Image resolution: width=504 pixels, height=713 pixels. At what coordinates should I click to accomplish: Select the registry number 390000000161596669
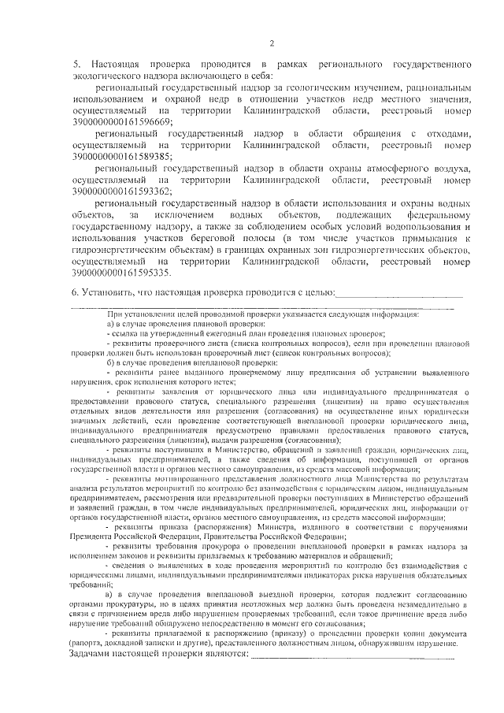[121, 123]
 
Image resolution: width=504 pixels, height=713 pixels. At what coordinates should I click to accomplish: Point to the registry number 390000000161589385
[121, 157]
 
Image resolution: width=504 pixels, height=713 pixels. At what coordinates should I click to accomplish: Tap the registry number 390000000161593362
[121, 191]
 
